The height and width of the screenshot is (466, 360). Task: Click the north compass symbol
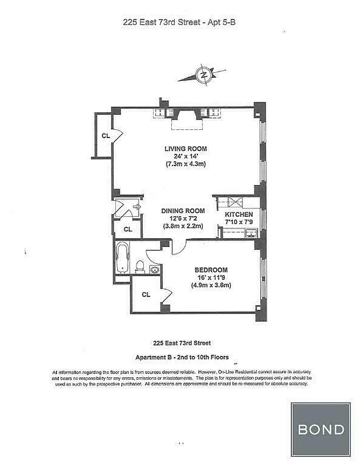click(203, 75)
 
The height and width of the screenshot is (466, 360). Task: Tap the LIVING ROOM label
click(186, 149)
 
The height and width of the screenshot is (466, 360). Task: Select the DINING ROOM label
click(183, 210)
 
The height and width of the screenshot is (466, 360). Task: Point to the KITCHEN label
click(239, 214)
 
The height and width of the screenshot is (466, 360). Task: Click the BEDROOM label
click(210, 270)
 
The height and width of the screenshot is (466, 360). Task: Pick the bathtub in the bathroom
click(123, 257)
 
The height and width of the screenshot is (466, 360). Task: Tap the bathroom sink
click(155, 270)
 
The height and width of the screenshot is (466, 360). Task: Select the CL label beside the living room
click(105, 136)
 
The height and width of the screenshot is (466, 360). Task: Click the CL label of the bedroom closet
click(146, 295)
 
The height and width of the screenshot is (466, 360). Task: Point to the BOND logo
click(321, 430)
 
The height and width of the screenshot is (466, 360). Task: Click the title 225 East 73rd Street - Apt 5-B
click(181, 23)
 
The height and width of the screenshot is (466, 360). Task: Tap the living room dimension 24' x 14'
click(186, 156)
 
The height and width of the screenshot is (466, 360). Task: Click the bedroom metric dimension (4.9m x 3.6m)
click(210, 285)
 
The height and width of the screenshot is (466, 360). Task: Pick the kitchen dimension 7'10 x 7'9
click(239, 222)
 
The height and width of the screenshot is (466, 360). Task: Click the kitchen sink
click(251, 234)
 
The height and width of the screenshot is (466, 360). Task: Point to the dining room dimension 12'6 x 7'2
click(183, 218)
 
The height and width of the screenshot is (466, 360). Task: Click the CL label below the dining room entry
click(128, 229)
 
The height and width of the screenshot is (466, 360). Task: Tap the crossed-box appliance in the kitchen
click(235, 203)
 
